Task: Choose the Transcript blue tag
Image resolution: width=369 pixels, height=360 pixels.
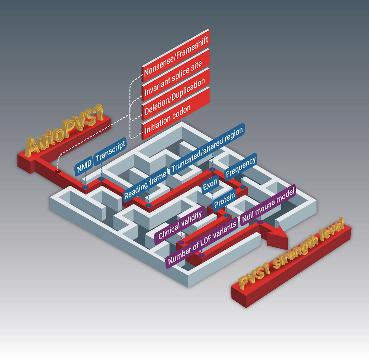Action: pyautogui.click(x=110, y=153)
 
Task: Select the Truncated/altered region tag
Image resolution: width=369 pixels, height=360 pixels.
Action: pyautogui.click(x=207, y=149)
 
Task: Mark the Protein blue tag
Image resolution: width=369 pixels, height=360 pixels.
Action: pyautogui.click(x=225, y=200)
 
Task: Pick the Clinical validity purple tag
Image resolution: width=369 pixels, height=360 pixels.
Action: pyautogui.click(x=180, y=224)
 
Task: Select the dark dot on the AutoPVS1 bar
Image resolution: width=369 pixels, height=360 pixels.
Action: pyautogui.click(x=58, y=171)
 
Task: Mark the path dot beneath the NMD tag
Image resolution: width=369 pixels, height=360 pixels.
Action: pyautogui.click(x=85, y=187)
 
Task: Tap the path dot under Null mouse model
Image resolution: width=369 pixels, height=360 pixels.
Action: pyautogui.click(x=260, y=222)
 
